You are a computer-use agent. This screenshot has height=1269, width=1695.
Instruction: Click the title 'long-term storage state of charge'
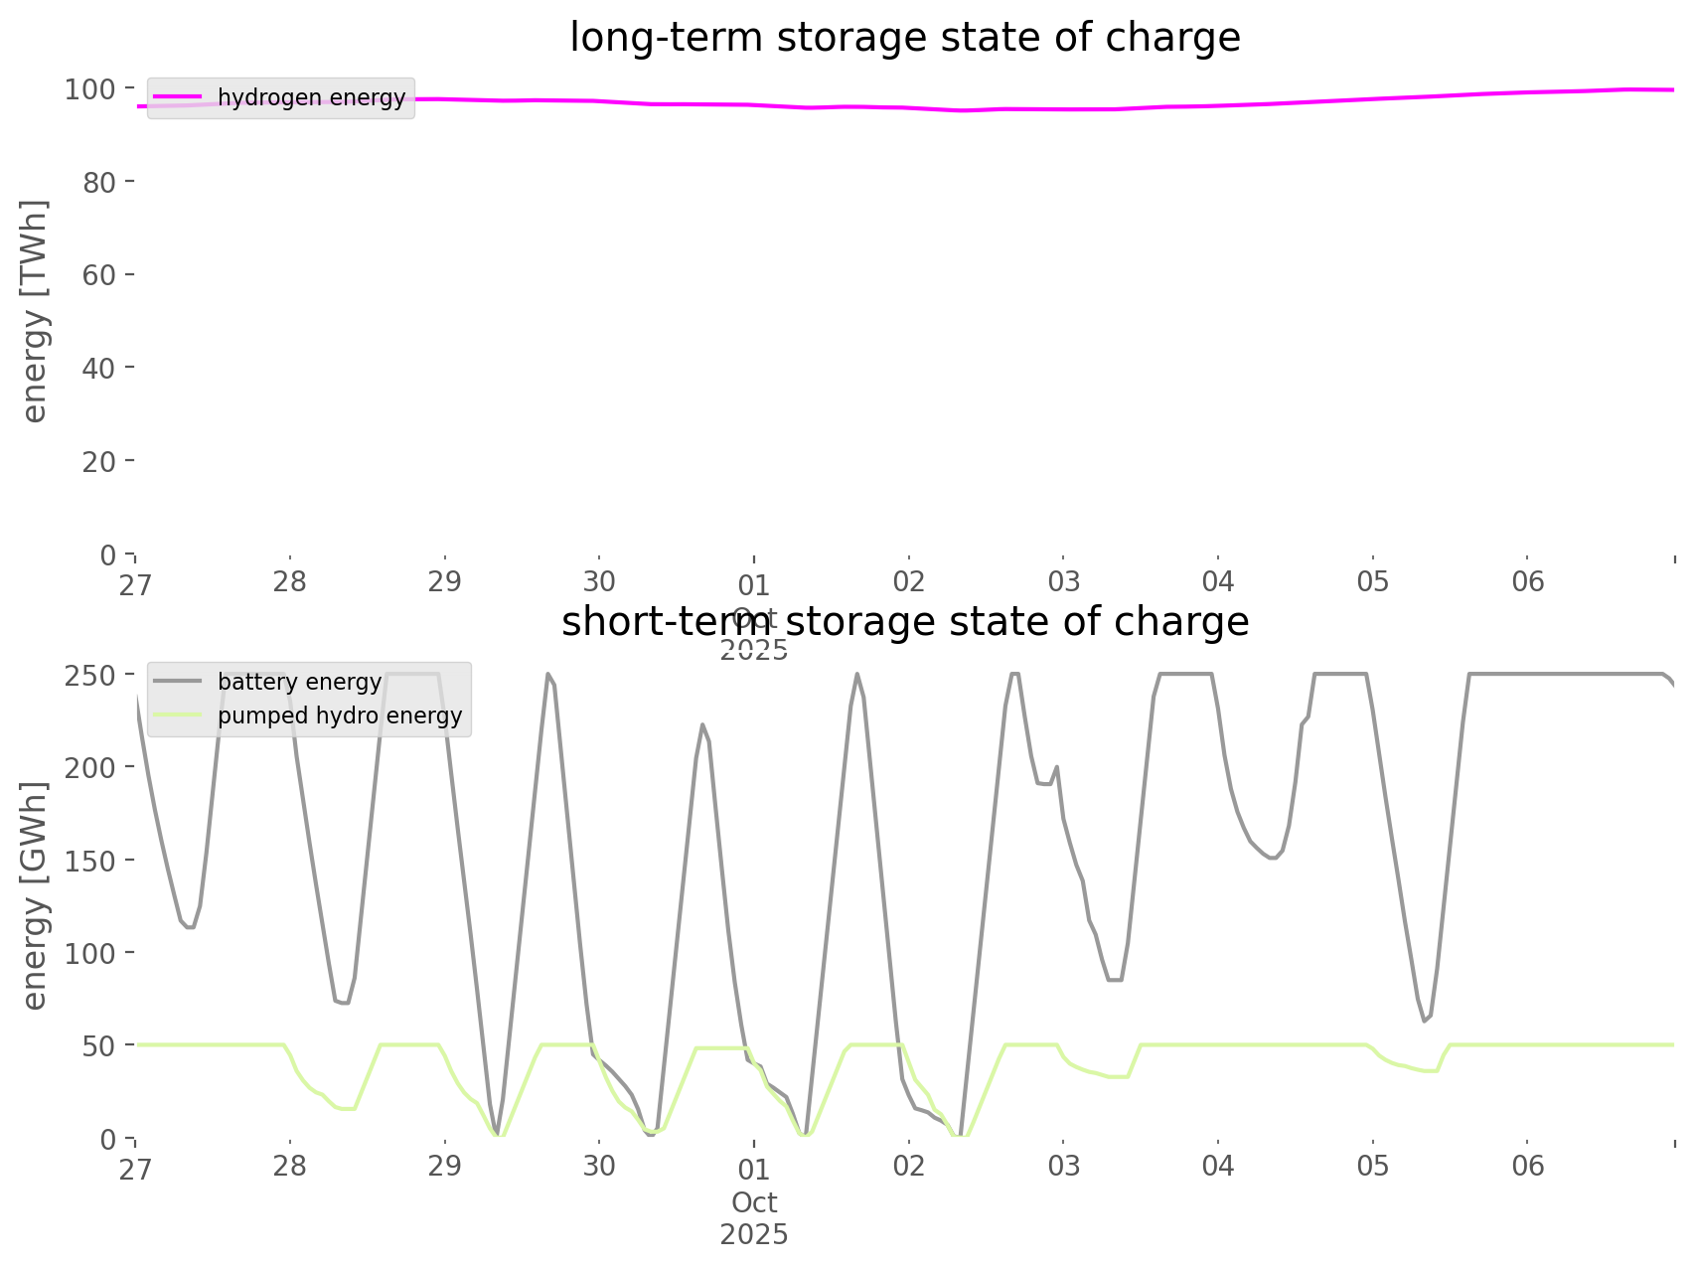tap(904, 38)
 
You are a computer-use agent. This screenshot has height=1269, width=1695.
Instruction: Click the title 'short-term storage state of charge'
tap(904, 622)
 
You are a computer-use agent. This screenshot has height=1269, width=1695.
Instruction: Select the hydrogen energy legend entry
tap(311, 97)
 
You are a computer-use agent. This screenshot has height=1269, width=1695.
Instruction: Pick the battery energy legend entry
tap(299, 682)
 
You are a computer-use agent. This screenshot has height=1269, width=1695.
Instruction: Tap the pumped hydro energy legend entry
tap(339, 715)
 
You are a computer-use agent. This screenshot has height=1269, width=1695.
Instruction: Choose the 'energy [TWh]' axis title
tap(35, 311)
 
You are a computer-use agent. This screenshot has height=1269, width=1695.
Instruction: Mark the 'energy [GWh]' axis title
tap(35, 896)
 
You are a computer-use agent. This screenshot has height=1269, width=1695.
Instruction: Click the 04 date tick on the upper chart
tap(1218, 581)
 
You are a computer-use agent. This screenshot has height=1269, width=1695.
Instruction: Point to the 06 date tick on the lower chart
tap(1527, 1166)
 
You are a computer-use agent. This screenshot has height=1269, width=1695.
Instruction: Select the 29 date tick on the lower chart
tap(445, 1166)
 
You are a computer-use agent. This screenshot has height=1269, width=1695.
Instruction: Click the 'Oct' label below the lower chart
tap(754, 1203)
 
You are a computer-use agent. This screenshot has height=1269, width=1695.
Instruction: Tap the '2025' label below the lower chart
tap(754, 1235)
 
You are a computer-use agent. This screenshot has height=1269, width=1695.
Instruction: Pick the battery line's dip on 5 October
tap(1425, 1021)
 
